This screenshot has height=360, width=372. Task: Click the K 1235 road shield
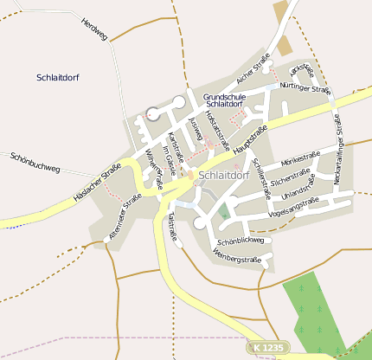coord(268,347)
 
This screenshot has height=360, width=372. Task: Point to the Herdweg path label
coord(93,29)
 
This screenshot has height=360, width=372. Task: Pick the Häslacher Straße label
coord(96,181)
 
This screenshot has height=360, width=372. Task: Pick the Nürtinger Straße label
coord(305,89)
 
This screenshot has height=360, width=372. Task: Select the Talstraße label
coord(172,223)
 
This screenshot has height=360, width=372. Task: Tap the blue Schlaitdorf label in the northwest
coord(58,77)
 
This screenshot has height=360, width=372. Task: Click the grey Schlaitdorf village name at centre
coord(223,175)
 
